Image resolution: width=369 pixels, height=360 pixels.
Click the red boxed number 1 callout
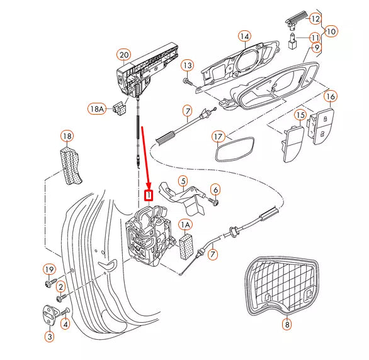[x=149, y=195]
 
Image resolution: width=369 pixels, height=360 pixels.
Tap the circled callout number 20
[x=124, y=55]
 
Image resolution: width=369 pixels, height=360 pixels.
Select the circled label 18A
[x=97, y=109]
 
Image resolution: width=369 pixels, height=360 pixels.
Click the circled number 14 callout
[x=245, y=37]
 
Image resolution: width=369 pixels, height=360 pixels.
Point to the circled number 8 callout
[x=287, y=325]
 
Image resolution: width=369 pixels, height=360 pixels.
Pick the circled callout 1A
[x=185, y=225]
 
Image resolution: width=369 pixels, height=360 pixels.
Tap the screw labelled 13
[x=187, y=82]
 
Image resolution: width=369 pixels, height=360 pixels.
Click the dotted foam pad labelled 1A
[x=186, y=247]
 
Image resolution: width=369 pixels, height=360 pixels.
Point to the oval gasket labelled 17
[x=235, y=149]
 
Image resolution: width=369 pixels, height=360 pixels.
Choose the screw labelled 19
[x=51, y=282]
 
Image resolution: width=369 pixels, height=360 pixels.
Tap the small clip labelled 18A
[x=120, y=108]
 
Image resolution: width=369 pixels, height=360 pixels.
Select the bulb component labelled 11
[x=292, y=42]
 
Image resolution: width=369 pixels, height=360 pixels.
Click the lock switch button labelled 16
[x=321, y=127]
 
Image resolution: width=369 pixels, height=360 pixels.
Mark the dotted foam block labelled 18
[x=70, y=165]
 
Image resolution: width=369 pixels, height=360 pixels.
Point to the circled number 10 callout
[x=331, y=32]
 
